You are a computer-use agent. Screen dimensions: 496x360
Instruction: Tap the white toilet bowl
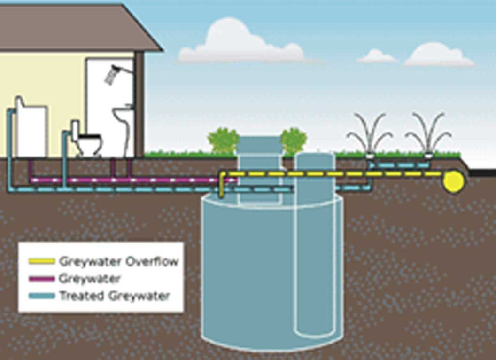pos(89,145)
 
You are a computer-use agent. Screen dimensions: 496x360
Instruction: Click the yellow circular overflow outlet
pos(454,181)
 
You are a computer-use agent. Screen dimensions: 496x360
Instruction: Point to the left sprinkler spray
pos(370,133)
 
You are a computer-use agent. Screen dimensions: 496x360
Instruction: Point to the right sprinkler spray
pos(428,133)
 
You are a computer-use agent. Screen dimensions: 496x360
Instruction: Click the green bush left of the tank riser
pos(223,141)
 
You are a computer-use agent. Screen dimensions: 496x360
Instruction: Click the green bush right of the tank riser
pos(293,141)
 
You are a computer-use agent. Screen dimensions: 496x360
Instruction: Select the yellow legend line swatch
pos(42,261)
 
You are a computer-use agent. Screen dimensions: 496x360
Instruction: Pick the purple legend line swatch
pos(42,279)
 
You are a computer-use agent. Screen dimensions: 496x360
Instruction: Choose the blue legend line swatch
pos(42,296)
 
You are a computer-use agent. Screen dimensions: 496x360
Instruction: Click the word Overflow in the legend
pos(152,261)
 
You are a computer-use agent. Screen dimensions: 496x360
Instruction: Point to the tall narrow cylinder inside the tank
pos(315,244)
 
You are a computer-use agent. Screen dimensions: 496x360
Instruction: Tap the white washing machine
pos(31,128)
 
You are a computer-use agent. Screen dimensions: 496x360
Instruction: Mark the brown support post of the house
pos(139,104)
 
